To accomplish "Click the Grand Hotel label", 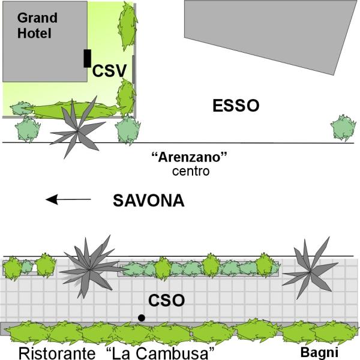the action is click(37, 25).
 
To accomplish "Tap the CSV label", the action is click(109, 71).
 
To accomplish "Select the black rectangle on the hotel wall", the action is click(87, 58).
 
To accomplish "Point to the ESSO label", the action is click(236, 106).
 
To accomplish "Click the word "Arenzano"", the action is click(190, 157).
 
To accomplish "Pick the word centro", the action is click(191, 171).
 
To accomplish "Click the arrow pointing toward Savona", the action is click(68, 199).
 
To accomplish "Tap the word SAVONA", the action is click(149, 200).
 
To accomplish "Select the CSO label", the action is click(166, 301).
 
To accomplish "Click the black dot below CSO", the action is click(142, 318).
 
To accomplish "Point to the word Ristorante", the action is click(57, 353).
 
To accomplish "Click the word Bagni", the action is click(319, 353).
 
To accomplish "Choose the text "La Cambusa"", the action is click(160, 353).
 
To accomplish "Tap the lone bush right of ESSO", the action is click(343, 128).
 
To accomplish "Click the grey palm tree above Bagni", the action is click(310, 272).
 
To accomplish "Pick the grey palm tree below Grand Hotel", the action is click(77, 131).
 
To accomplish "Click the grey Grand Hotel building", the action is click(45, 41).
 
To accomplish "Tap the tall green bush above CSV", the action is click(127, 26).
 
